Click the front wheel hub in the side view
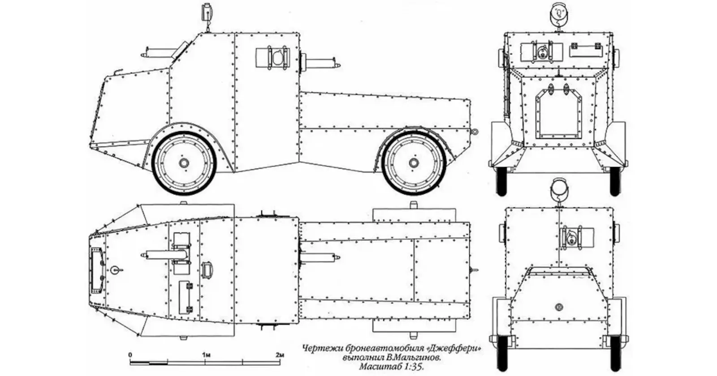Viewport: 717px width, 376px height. pyautogui.click(x=183, y=163)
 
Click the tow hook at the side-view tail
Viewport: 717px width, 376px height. pyautogui.click(x=474, y=132)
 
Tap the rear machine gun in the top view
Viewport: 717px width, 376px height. pyautogui.click(x=319, y=258)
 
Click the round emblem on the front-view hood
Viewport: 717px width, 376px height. pyautogui.click(x=559, y=308)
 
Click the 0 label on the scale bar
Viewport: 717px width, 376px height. pyautogui.click(x=130, y=355)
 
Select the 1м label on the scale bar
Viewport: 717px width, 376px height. pyautogui.click(x=206, y=355)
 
